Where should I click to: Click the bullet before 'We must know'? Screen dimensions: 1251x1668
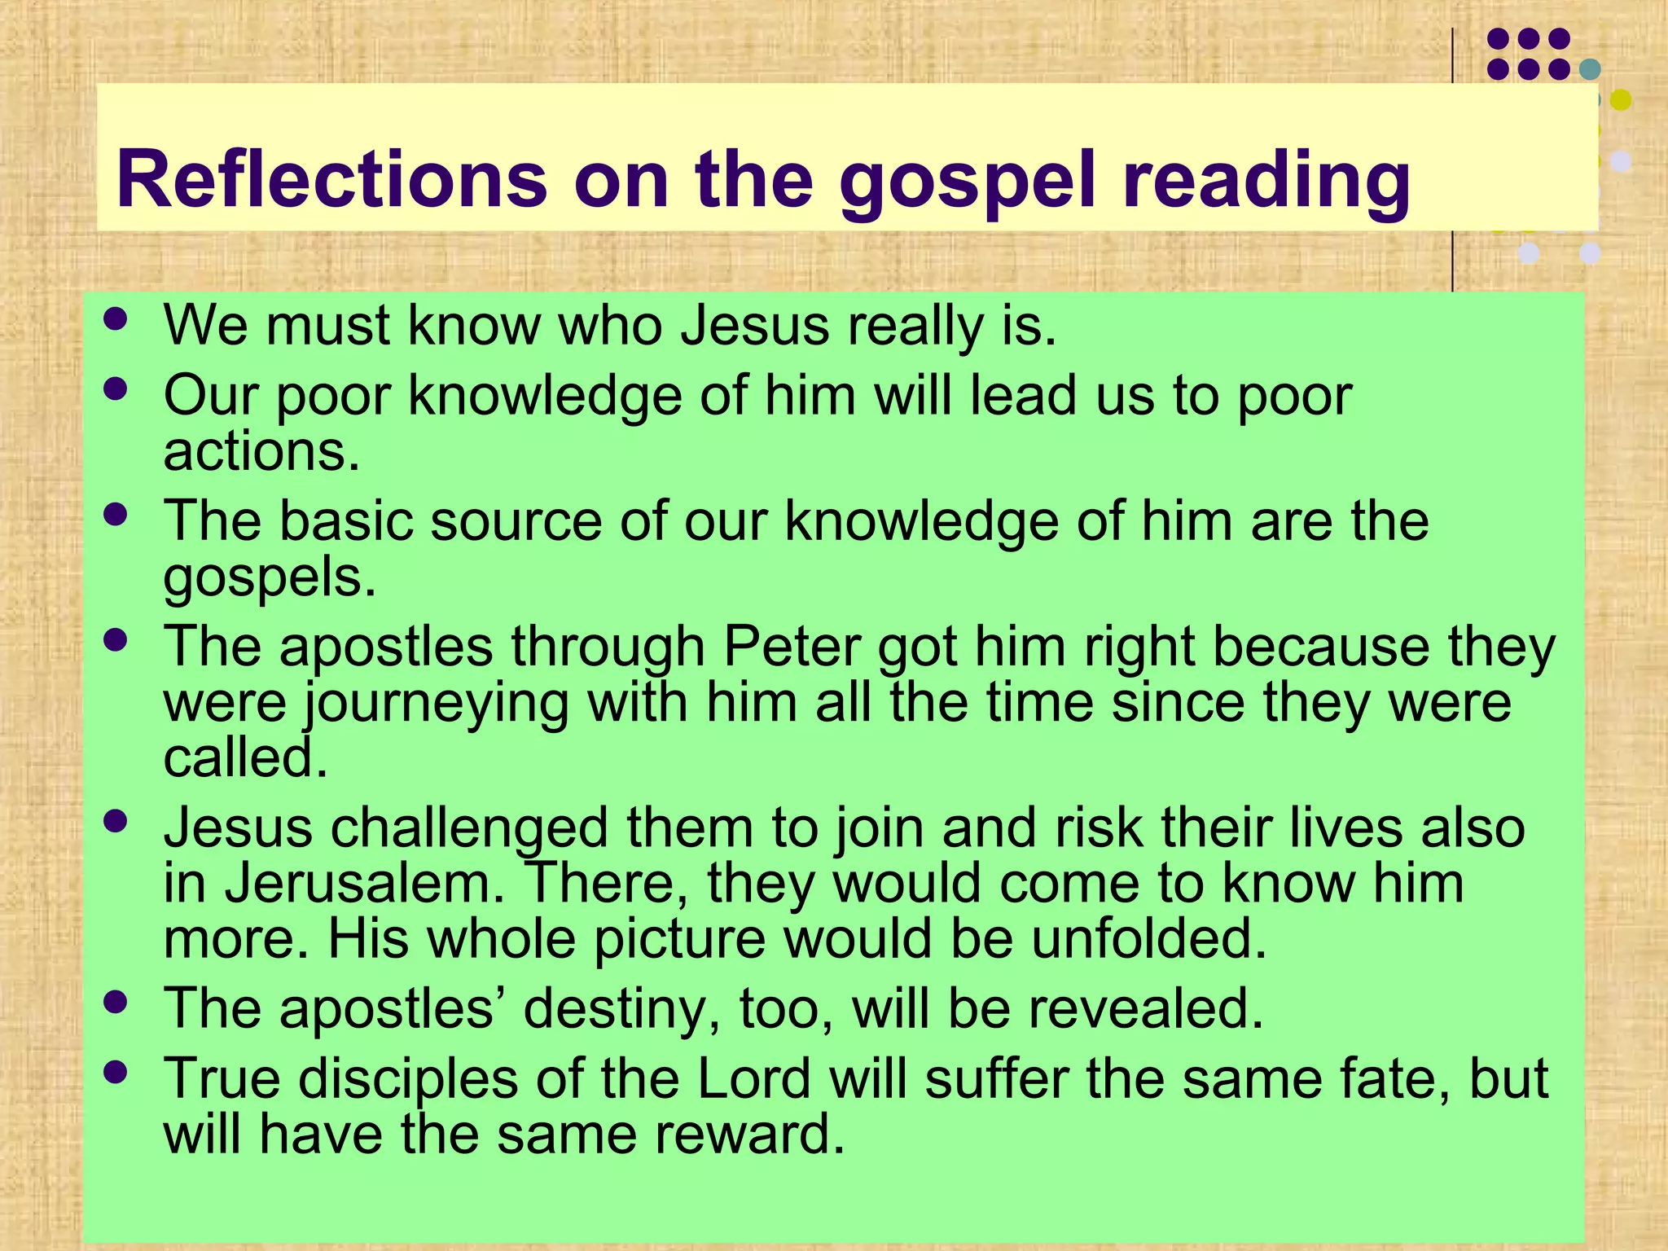click(x=116, y=318)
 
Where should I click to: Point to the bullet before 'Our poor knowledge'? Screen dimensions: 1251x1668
click(x=116, y=388)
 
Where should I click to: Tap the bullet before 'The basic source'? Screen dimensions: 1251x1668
click(x=116, y=514)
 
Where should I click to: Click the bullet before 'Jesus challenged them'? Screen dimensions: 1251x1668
click(x=116, y=821)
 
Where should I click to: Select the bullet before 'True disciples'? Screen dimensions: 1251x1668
click(x=116, y=1072)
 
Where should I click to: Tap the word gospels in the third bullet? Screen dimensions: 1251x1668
click(x=270, y=578)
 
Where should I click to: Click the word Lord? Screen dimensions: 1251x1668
click(x=753, y=1079)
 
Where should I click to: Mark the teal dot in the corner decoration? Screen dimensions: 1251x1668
click(x=1589, y=70)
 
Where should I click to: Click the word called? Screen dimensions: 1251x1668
click(x=245, y=759)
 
